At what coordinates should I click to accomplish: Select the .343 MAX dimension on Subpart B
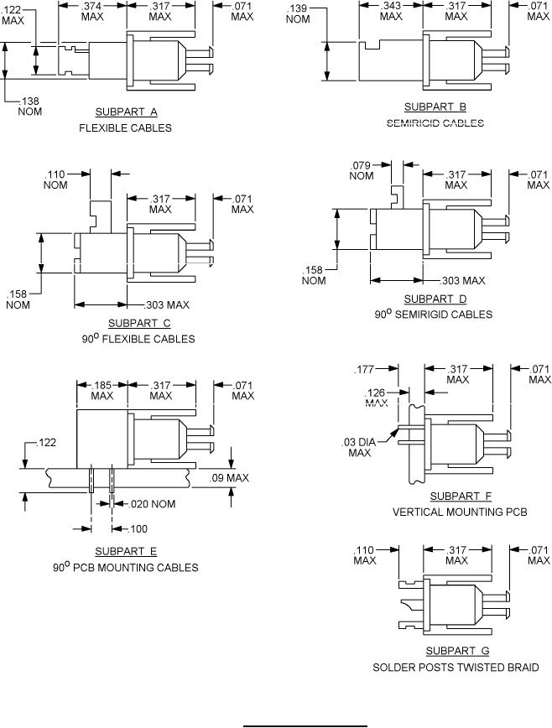pyautogui.click(x=390, y=11)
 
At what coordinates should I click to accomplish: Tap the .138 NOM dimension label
pyautogui.click(x=31, y=107)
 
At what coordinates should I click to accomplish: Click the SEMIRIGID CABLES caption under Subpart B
pyautogui.click(x=435, y=122)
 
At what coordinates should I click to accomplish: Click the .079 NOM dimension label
pyautogui.click(x=361, y=170)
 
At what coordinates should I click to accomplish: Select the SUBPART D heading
pyautogui.click(x=435, y=299)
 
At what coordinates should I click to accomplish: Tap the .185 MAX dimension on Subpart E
pyautogui.click(x=102, y=390)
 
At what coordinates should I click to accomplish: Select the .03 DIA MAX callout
pyautogui.click(x=359, y=448)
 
